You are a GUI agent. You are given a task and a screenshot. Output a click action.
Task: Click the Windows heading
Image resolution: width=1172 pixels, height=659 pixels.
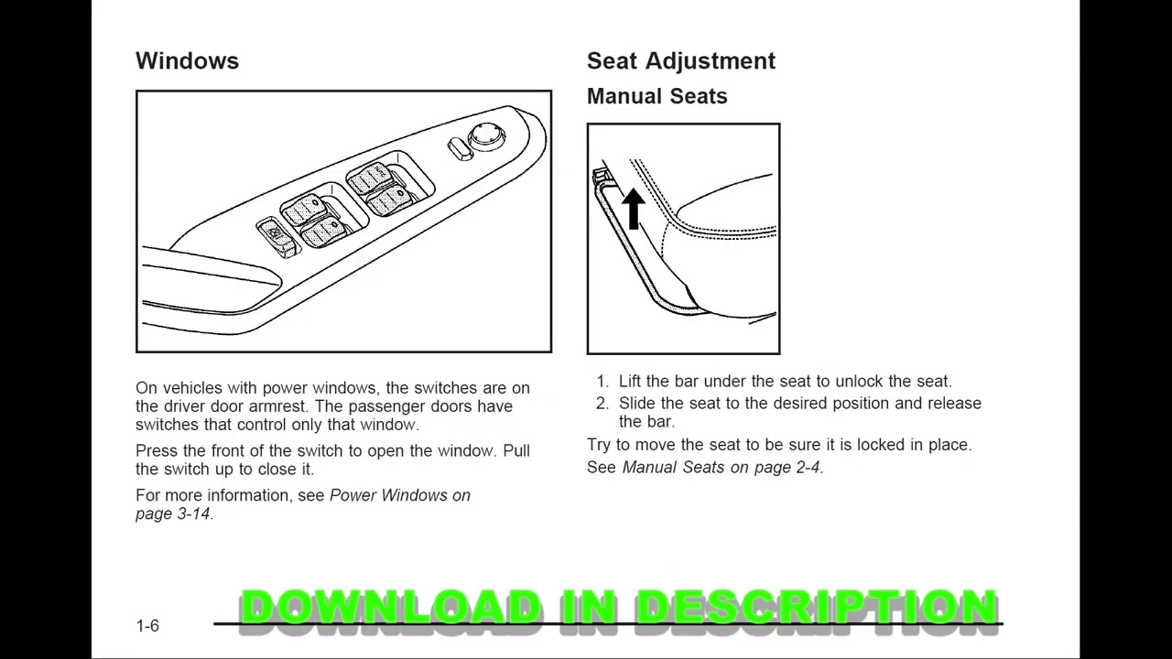187,61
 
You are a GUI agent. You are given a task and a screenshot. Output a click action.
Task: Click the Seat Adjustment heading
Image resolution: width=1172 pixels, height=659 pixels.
680,61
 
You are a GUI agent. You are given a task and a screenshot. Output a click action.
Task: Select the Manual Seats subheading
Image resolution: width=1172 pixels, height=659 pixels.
657,96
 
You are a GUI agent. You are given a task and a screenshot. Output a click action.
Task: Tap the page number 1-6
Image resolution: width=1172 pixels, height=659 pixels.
147,626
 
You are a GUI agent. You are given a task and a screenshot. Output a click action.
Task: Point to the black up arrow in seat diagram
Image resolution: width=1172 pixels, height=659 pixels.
633,208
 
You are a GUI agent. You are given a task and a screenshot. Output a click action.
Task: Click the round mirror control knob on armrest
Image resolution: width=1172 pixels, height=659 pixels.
486,137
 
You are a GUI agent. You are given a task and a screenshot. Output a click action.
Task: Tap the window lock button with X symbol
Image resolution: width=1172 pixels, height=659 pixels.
275,233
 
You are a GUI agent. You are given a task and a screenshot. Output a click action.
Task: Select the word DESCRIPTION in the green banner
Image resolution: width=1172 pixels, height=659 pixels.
815,608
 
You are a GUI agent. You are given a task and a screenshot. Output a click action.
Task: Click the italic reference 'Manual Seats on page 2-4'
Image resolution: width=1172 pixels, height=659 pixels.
721,468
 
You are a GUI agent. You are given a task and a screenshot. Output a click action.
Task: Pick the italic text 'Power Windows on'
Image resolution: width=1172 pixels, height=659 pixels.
399,495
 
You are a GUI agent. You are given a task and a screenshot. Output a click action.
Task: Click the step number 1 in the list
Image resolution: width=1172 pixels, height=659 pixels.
602,382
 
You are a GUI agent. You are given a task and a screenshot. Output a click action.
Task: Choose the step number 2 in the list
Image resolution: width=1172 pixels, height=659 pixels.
602,404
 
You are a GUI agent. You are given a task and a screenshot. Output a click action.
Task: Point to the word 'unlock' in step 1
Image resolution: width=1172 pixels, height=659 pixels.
860,382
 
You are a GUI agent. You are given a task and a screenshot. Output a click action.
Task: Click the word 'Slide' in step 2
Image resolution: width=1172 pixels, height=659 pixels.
637,404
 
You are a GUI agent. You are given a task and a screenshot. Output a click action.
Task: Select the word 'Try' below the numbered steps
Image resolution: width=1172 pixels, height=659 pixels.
600,445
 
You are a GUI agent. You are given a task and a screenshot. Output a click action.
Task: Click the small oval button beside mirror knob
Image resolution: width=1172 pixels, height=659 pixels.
460,149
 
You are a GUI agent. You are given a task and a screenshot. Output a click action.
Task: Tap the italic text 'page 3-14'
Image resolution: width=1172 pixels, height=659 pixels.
172,514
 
